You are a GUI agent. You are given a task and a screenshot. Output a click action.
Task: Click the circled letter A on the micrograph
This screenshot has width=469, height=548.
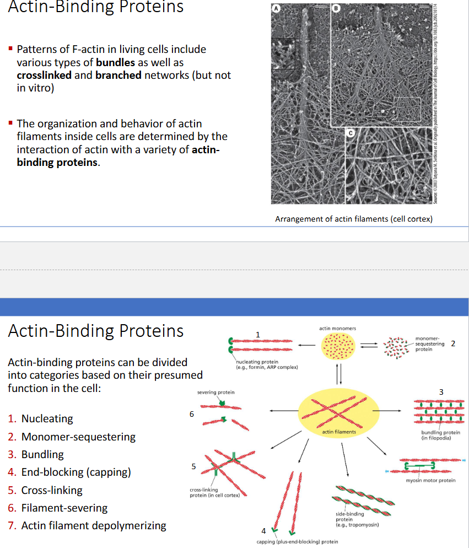pos(278,8)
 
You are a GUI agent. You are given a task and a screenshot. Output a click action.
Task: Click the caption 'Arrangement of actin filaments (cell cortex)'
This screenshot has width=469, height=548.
pos(353,219)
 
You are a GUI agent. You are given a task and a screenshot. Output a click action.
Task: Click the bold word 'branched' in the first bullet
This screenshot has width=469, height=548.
pos(118,75)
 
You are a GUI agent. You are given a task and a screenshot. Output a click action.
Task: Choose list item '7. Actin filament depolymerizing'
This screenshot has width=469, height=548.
pos(87,525)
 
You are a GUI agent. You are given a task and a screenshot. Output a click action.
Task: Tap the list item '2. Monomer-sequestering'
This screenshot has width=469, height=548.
pos(72,437)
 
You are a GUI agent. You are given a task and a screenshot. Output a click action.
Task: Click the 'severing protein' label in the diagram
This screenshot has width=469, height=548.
pos(215,392)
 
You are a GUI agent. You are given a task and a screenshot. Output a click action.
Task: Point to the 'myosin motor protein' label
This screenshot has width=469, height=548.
pos(430,480)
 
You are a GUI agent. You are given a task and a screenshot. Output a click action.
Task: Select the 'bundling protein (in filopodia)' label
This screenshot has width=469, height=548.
pos(440,435)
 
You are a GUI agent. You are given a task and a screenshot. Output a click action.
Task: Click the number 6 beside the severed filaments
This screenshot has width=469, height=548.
pos(191,413)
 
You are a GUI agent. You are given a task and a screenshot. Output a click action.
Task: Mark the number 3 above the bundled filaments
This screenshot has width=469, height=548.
pos(440,391)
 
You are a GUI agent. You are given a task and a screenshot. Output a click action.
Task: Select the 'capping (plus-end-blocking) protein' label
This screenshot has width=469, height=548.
pos(297,542)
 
